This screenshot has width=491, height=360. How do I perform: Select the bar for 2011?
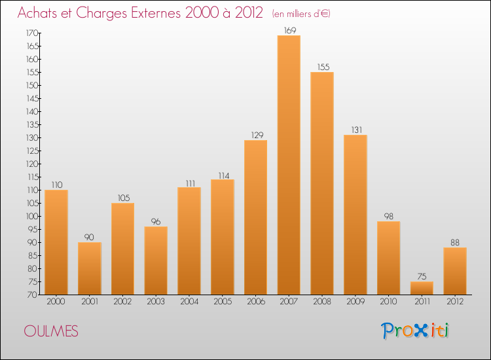(422, 288)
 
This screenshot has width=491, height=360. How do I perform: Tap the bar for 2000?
(56, 242)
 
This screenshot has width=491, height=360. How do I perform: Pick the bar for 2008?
(322, 183)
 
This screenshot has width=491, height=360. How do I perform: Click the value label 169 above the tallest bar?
(289, 29)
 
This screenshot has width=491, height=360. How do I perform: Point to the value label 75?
(422, 276)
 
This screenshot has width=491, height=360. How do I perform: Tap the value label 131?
(355, 129)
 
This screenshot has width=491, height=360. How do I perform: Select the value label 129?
(256, 135)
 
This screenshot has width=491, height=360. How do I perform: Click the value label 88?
(455, 242)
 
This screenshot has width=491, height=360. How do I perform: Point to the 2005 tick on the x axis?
(223, 302)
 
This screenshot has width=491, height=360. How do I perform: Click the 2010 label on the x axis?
(389, 302)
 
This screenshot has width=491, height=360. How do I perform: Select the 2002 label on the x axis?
(122, 302)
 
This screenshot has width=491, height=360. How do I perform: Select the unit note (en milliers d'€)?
(300, 13)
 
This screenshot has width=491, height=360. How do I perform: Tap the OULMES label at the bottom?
(50, 332)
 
